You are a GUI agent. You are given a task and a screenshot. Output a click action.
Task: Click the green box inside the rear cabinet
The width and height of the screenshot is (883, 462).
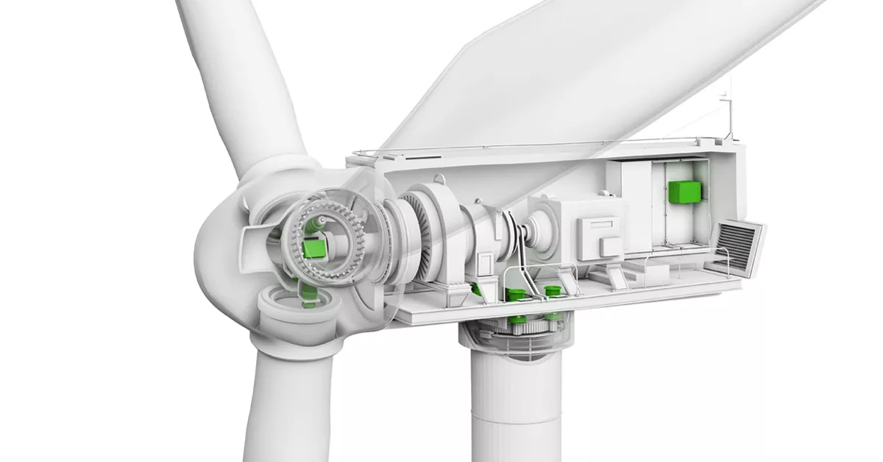[684, 191]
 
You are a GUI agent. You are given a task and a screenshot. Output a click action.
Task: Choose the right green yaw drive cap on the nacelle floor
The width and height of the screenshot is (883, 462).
[551, 290]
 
